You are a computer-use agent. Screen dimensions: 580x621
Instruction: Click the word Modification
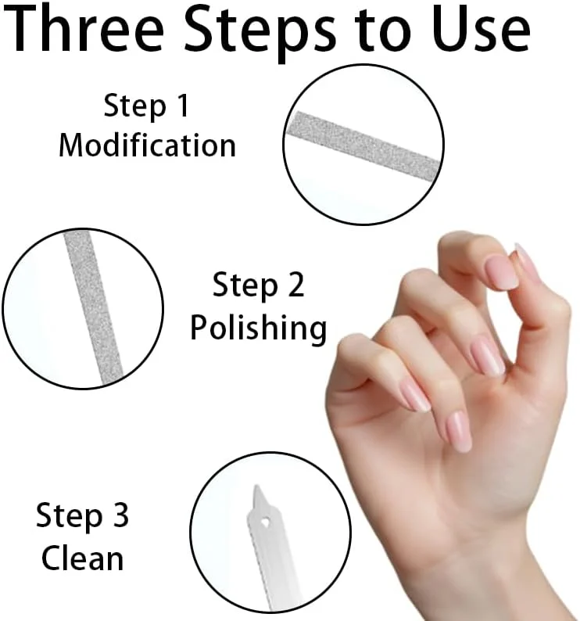pyautogui.click(x=147, y=145)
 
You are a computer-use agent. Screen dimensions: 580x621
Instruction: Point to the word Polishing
pyautogui.click(x=259, y=328)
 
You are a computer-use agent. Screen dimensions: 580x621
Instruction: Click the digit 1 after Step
pyautogui.click(x=183, y=106)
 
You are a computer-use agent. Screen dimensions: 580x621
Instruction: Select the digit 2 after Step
pyautogui.click(x=295, y=284)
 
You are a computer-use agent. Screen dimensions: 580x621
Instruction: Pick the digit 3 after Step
pyautogui.click(x=121, y=515)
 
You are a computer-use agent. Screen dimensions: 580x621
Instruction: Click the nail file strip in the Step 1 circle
pyautogui.click(x=363, y=145)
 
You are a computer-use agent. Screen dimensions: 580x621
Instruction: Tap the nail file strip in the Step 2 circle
pyautogui.click(x=93, y=307)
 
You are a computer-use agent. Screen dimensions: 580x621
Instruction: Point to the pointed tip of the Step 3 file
pyautogui.click(x=256, y=486)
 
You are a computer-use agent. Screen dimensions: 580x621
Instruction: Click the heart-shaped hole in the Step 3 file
pyautogui.click(x=265, y=522)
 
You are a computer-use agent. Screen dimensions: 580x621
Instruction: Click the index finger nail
pyautogui.click(x=502, y=271)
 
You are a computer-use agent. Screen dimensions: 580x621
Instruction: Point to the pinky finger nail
pyautogui.click(x=457, y=431)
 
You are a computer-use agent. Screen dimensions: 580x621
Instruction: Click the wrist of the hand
pyautogui.click(x=495, y=555)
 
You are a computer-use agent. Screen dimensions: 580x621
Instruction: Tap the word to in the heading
pyautogui.click(x=383, y=31)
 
